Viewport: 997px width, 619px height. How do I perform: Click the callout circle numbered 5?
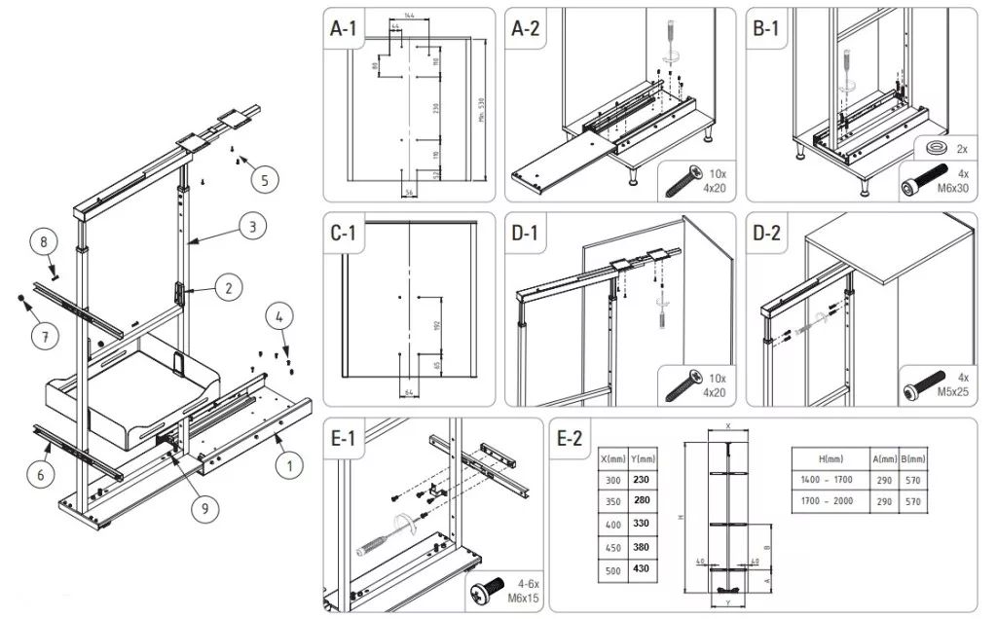tap(264, 179)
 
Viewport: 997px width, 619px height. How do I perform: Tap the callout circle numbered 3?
tap(251, 227)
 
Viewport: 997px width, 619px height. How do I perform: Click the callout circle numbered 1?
tap(288, 464)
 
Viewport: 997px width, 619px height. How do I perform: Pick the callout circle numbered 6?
tap(41, 475)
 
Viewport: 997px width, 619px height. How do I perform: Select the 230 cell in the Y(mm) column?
tap(642, 480)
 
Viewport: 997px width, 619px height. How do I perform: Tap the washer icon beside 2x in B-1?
tap(938, 147)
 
